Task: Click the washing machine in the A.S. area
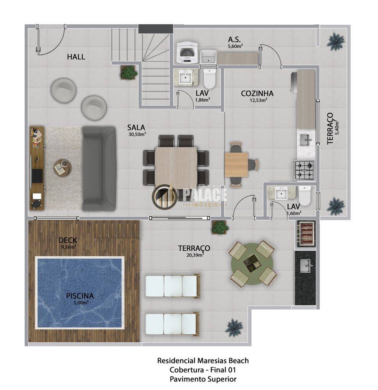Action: [187, 52]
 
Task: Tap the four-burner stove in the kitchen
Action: [305, 169]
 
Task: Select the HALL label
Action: [76, 57]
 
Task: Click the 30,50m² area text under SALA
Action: [137, 134]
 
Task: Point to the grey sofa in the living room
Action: [99, 169]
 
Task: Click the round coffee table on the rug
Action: [63, 168]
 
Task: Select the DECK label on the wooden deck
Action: [68, 240]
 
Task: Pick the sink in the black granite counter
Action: [305, 266]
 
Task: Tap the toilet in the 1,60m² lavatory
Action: [305, 195]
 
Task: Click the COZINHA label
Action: [257, 94]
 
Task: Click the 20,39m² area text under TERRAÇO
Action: [195, 255]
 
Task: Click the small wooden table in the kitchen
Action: [236, 165]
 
